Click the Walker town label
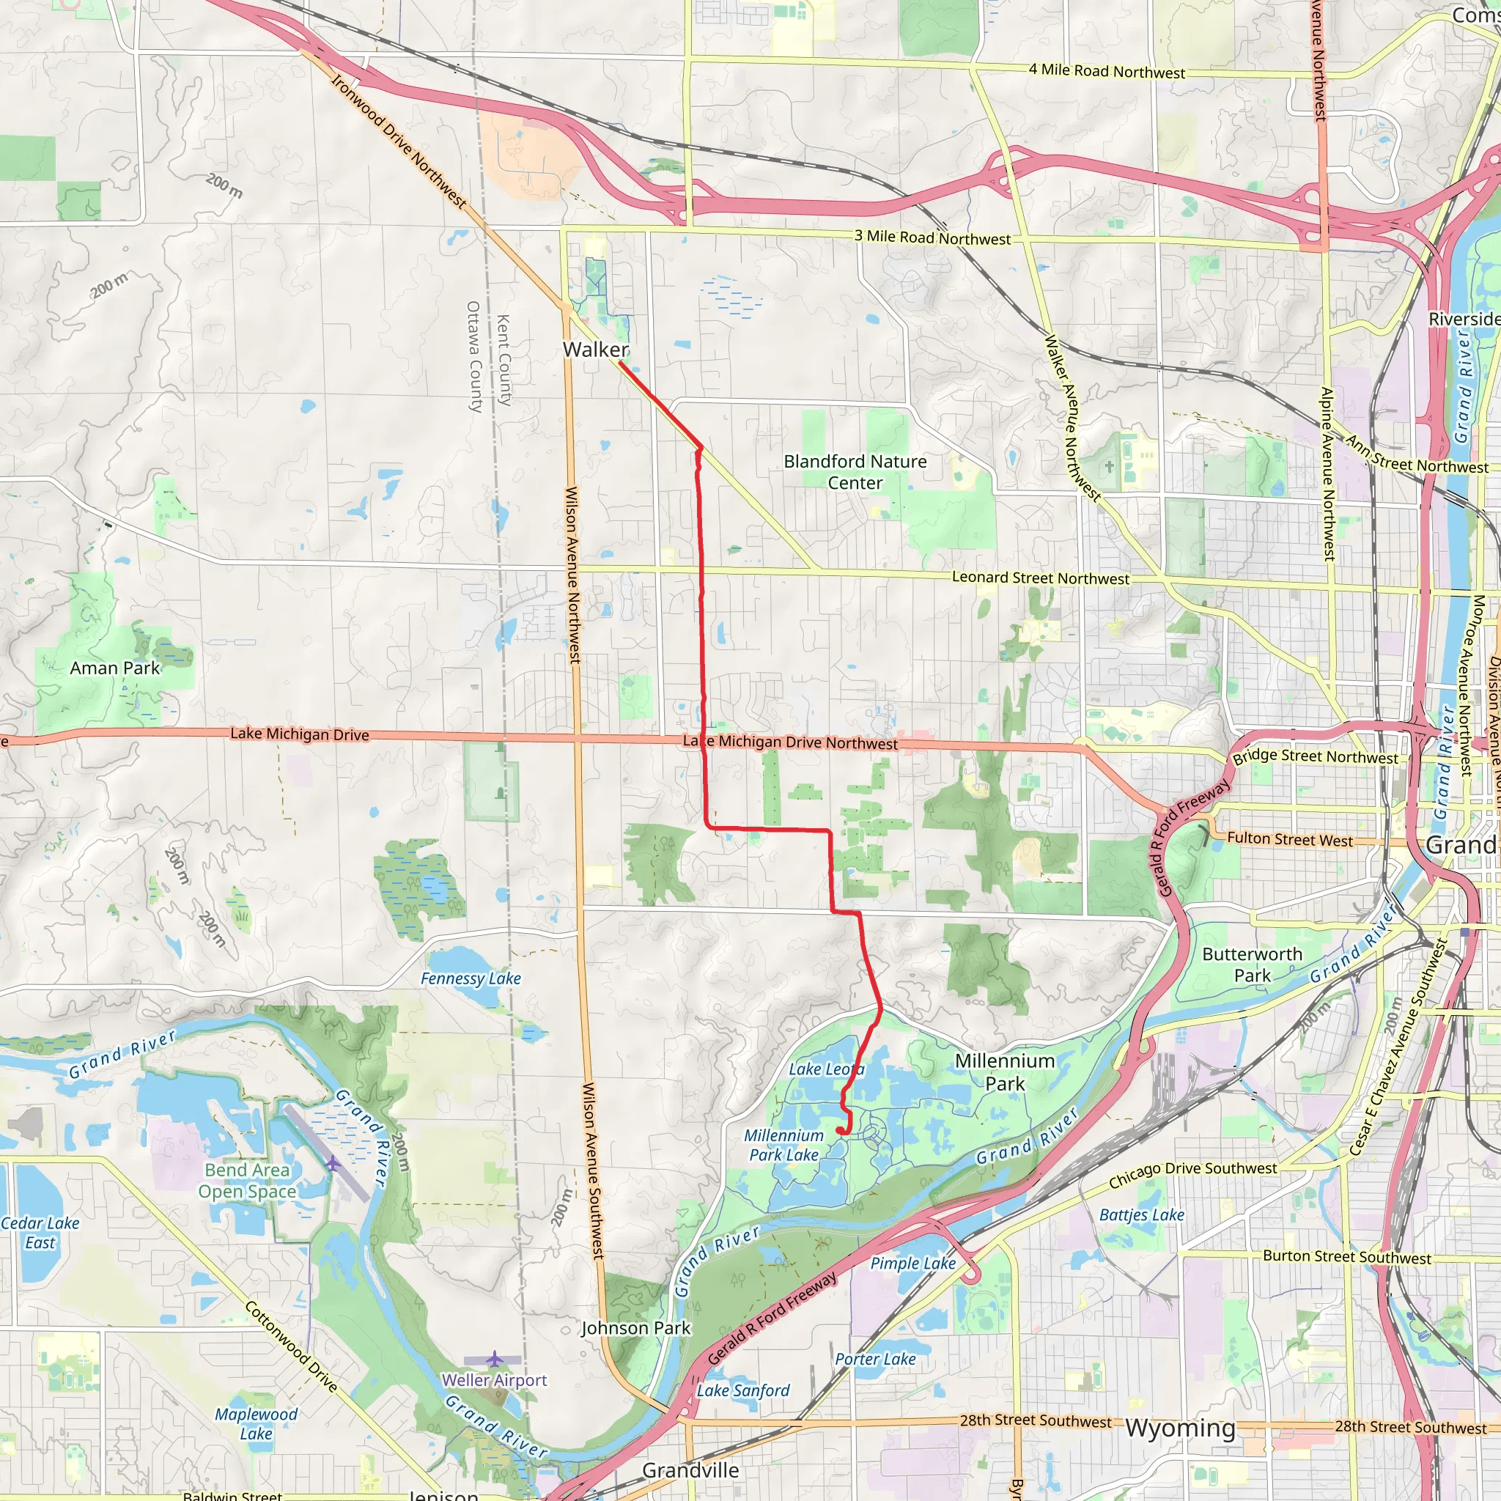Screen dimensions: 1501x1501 pyautogui.click(x=595, y=350)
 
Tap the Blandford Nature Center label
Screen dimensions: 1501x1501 pyautogui.click(x=855, y=471)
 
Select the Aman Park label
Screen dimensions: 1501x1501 pyautogui.click(x=114, y=668)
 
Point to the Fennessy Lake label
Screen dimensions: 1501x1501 pyautogui.click(x=470, y=978)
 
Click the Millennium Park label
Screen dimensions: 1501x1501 pyautogui.click(x=1005, y=1072)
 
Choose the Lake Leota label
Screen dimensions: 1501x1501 pyautogui.click(x=826, y=1069)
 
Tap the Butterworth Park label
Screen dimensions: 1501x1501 pyautogui.click(x=1252, y=965)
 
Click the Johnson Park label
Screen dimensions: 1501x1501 pyautogui.click(x=635, y=1328)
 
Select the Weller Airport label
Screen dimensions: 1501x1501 pyautogui.click(x=494, y=1380)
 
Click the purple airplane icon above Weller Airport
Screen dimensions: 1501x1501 pyautogui.click(x=494, y=1359)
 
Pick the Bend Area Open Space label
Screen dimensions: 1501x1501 pyautogui.click(x=247, y=1180)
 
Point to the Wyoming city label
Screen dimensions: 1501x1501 pyautogui.click(x=1179, y=1427)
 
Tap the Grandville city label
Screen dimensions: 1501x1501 pyautogui.click(x=690, y=1470)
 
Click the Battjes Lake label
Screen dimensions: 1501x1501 pyautogui.click(x=1141, y=1214)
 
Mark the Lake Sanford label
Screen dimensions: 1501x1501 pyautogui.click(x=742, y=1390)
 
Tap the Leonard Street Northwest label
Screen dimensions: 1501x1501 pyautogui.click(x=1040, y=578)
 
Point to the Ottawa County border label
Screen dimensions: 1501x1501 pyautogui.click(x=474, y=357)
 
